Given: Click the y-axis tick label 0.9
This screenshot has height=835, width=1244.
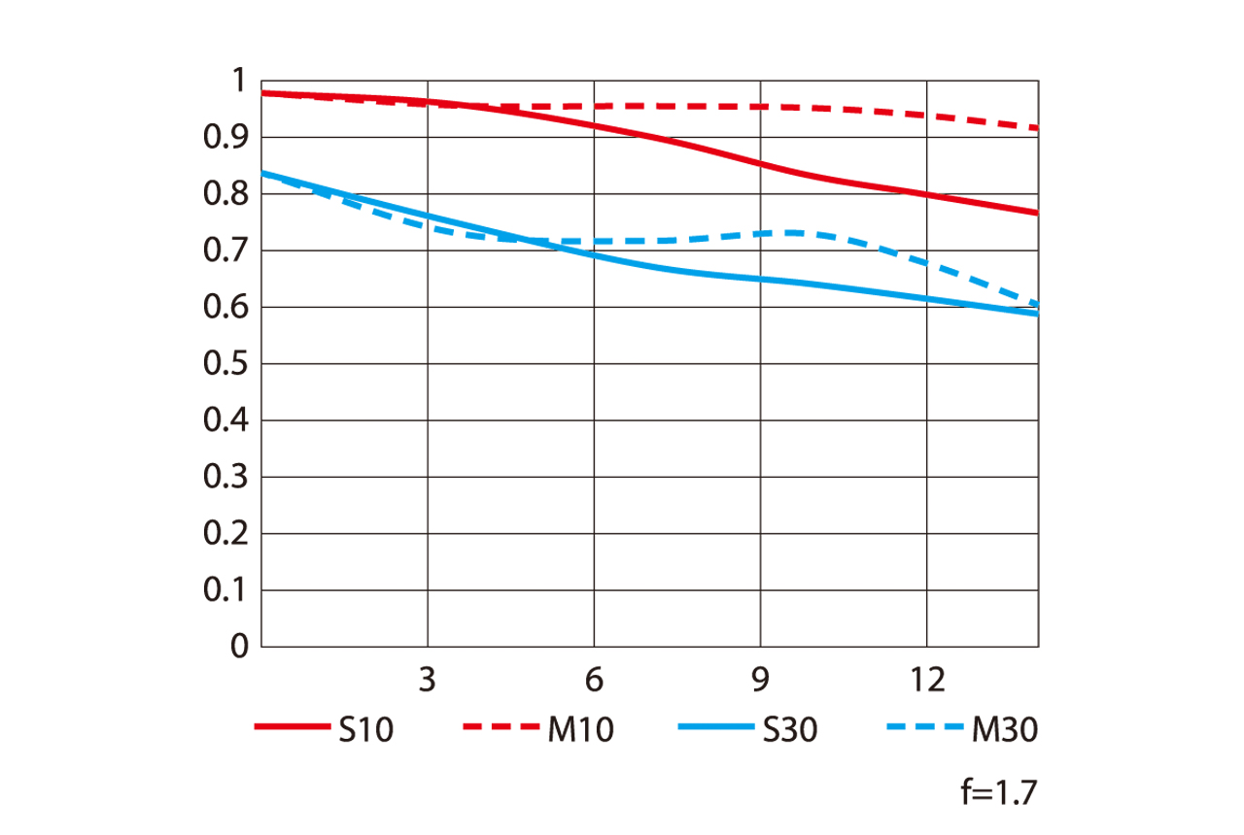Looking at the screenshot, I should tap(225, 138).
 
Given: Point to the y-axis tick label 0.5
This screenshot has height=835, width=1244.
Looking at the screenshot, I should tap(225, 364).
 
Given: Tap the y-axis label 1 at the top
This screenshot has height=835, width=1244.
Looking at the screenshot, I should tap(240, 82).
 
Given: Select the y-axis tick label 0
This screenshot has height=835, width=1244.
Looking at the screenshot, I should tap(240, 647).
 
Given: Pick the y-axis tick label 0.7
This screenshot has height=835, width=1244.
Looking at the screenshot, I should tap(225, 250).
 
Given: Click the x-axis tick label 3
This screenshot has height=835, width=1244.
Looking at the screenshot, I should tap(428, 681).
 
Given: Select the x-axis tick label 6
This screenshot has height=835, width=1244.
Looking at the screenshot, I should tap(595, 681).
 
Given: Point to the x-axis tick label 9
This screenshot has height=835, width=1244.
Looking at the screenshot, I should tap(761, 681).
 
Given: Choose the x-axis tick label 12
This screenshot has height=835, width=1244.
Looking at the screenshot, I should tap(927, 681).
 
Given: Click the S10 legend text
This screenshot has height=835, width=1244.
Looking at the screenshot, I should tap(366, 729).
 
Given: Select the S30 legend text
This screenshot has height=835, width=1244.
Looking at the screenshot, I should tap(789, 729).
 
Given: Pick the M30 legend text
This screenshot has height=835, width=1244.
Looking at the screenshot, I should tap(1005, 729).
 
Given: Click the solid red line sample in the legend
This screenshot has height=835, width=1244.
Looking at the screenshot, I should tap(292, 726).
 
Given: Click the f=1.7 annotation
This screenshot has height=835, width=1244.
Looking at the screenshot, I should tap(998, 793).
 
